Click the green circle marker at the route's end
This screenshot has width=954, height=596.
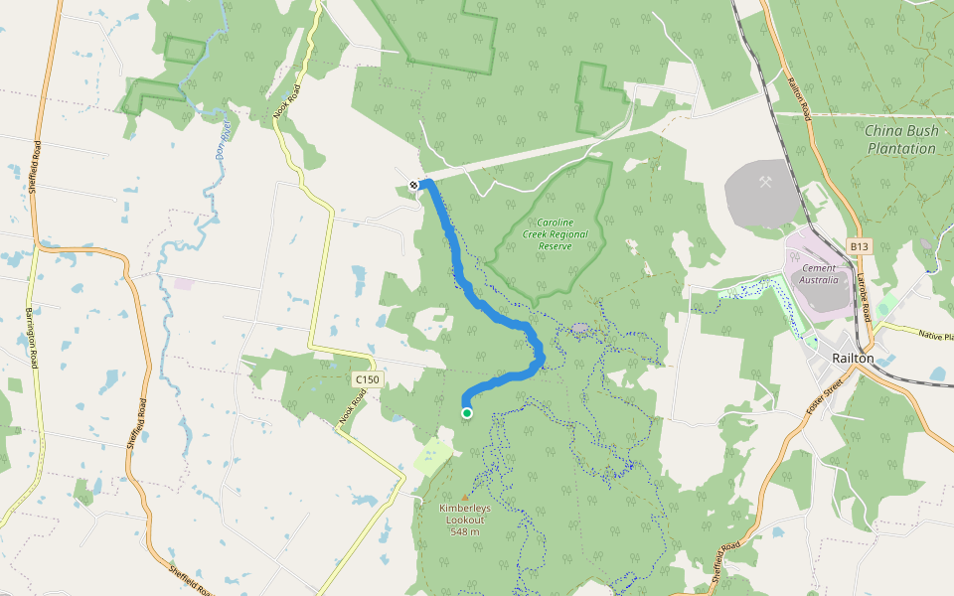pos(466,413)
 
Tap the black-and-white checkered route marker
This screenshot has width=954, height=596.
pos(414,185)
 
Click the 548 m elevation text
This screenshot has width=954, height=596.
pos(464,532)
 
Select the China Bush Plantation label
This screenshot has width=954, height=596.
pos(900,139)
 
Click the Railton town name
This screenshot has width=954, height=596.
pos(853,359)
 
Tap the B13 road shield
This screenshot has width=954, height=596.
pos(860,245)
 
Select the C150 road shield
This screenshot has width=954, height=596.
pos(367,379)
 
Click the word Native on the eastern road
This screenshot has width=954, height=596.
pos(931,336)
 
